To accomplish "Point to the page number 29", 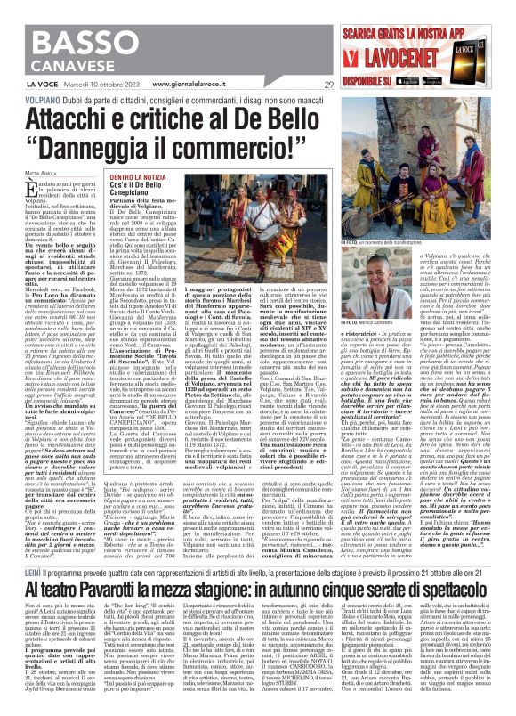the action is [x=328, y=85].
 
